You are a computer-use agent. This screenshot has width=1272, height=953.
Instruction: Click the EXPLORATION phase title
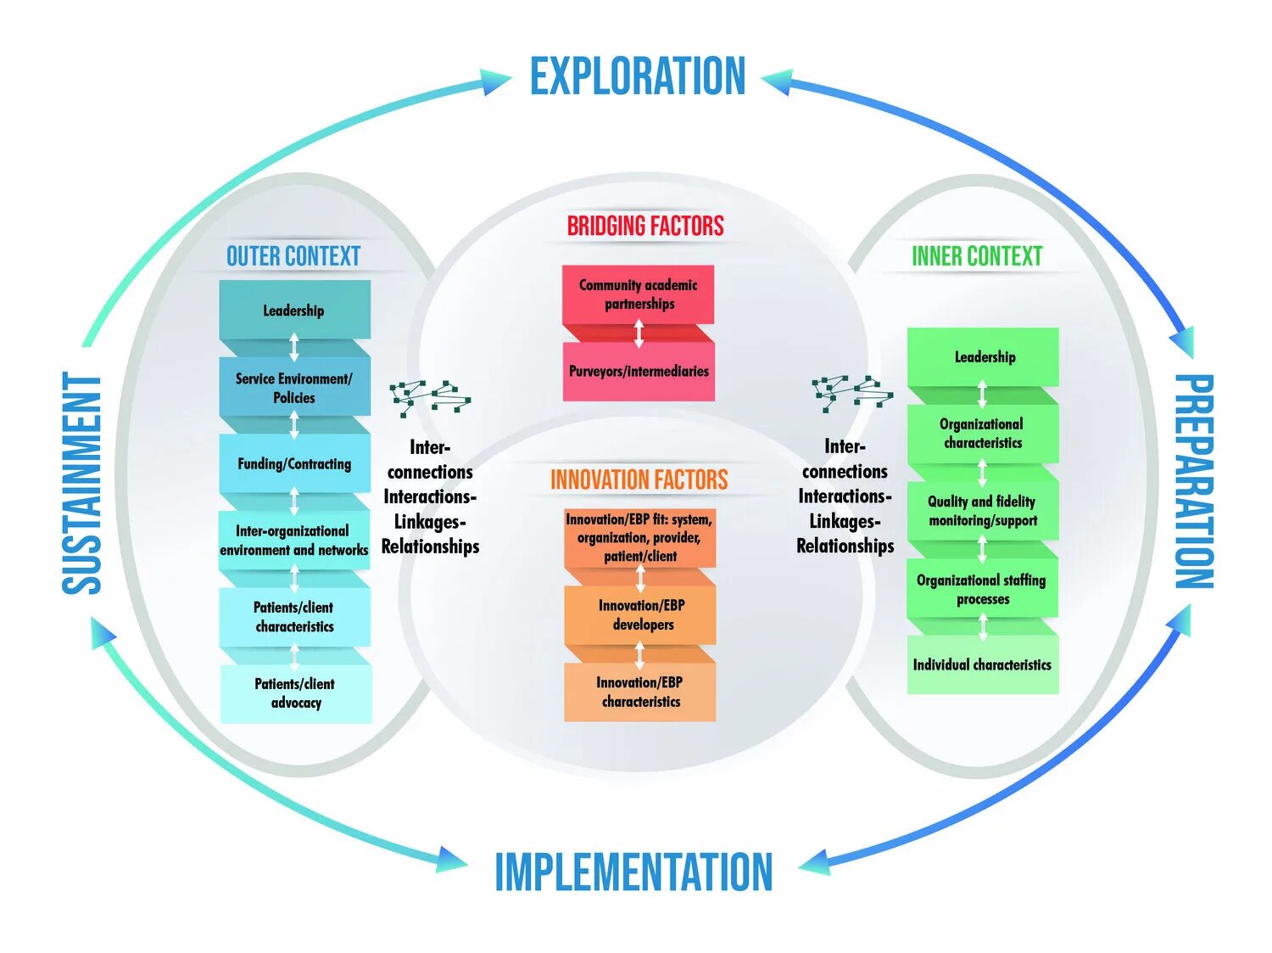pyautogui.click(x=638, y=76)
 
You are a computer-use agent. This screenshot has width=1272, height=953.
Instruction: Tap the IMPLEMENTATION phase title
pyautogui.click(x=633, y=872)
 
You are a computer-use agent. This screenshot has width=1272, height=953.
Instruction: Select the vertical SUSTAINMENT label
pyautogui.click(x=82, y=484)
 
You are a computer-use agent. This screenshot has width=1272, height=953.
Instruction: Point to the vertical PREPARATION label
pyautogui.click(x=1194, y=481)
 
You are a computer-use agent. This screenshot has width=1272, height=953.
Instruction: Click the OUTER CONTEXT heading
pyautogui.click(x=293, y=256)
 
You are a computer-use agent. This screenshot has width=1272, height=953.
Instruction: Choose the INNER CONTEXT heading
pyautogui.click(x=977, y=256)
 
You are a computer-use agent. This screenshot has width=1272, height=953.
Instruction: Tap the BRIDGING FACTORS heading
pyautogui.click(x=645, y=226)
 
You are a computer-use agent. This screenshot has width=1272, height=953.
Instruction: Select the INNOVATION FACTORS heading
pyautogui.click(x=639, y=479)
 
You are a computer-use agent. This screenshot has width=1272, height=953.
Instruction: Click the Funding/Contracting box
pyautogui.click(x=294, y=463)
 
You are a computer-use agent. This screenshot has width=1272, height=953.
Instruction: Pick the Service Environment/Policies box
pyautogui.click(x=294, y=388)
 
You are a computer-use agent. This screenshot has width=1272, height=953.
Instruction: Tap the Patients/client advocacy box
pyautogui.click(x=296, y=693)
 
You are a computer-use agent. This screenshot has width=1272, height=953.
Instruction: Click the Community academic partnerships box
pyautogui.click(x=639, y=294)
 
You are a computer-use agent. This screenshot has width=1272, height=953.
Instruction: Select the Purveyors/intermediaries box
pyautogui.click(x=639, y=372)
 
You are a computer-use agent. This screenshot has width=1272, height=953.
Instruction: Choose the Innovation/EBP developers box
pyautogui.click(x=640, y=615)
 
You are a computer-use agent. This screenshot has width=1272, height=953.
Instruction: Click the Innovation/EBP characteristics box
pyautogui.click(x=640, y=692)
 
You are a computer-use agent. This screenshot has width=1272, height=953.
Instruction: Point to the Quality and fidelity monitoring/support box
pyautogui.click(x=983, y=511)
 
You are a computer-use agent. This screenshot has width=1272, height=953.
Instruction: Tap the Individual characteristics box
pyautogui.click(x=983, y=665)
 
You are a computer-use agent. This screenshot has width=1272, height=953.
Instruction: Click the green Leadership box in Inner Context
pyautogui.click(x=984, y=357)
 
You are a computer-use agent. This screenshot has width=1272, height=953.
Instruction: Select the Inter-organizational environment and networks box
pyautogui.click(x=294, y=541)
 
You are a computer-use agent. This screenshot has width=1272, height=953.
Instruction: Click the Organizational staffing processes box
pyautogui.click(x=983, y=589)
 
